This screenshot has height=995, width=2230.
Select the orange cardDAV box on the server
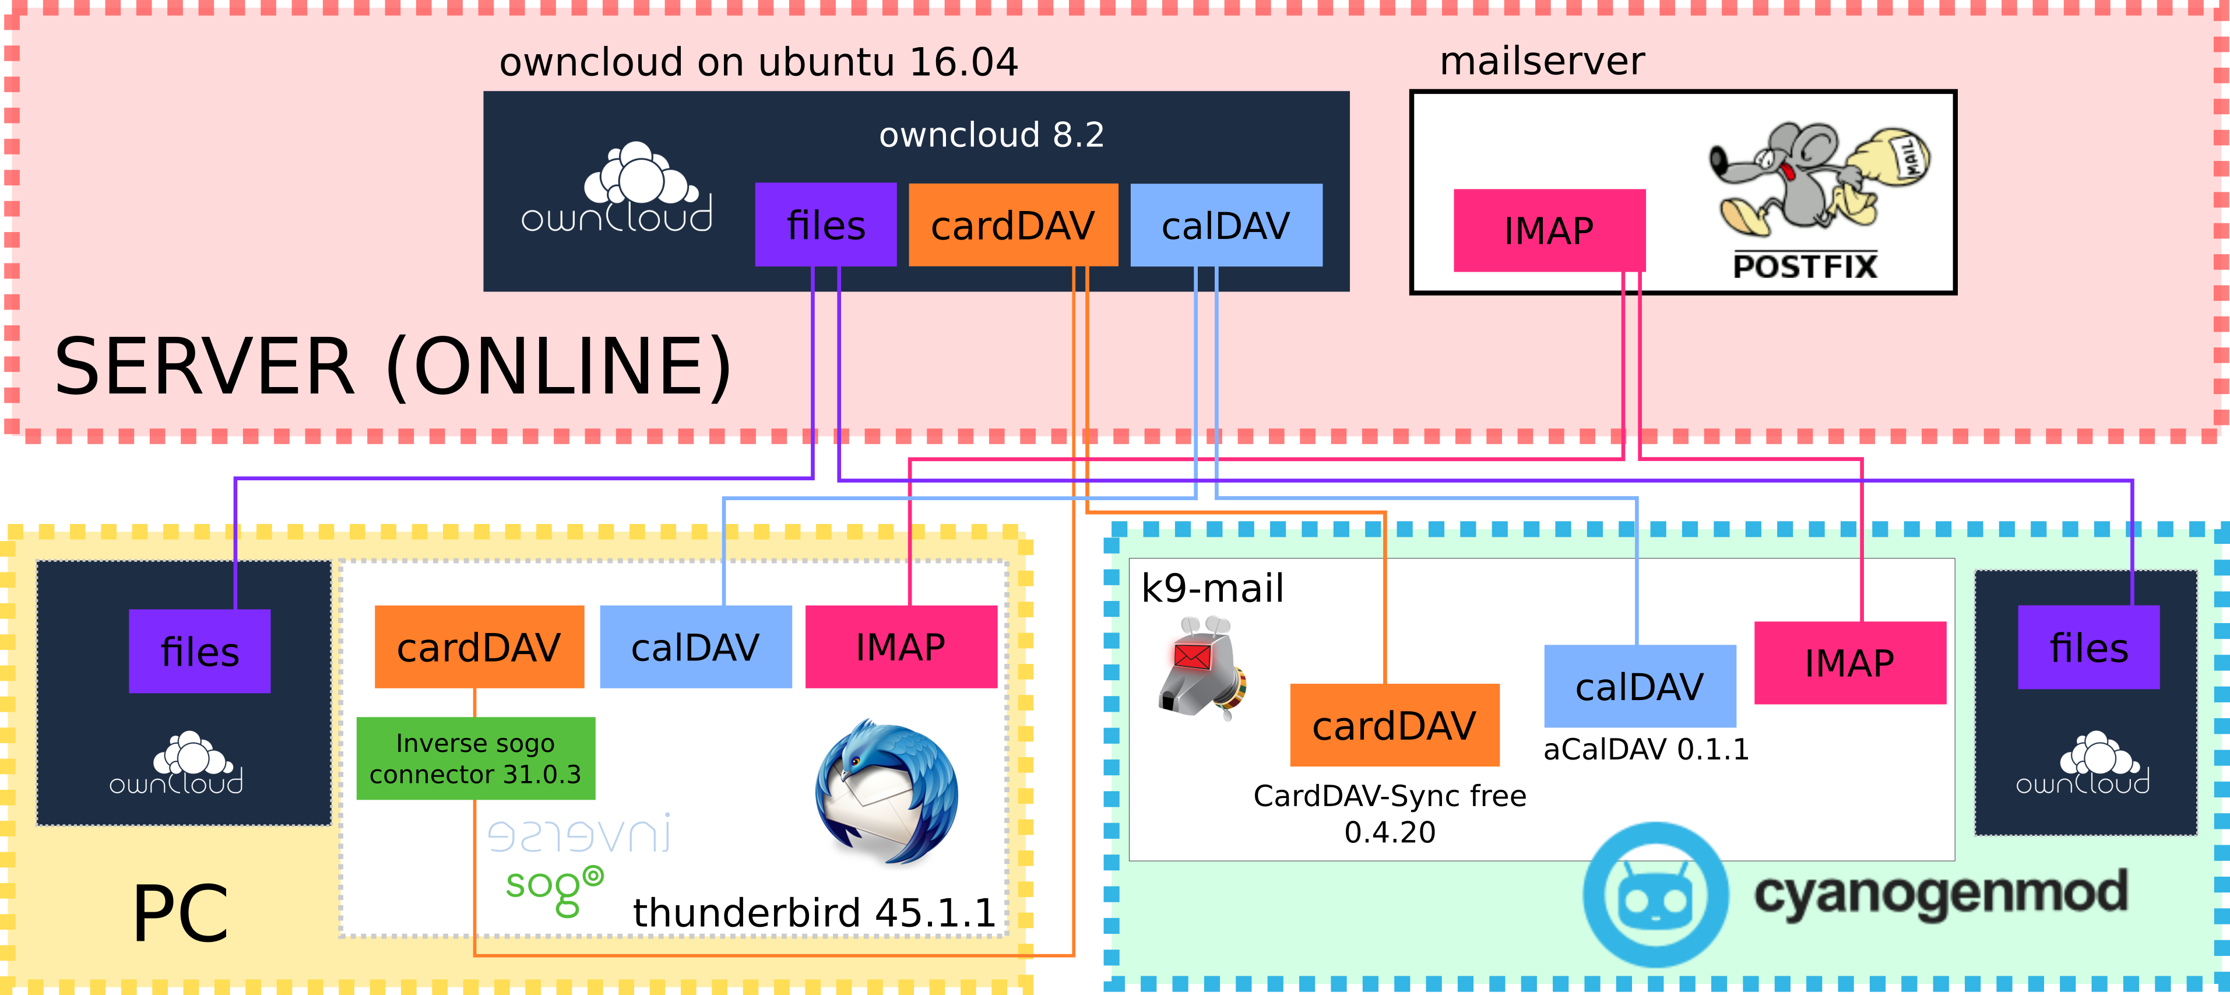(x=1013, y=225)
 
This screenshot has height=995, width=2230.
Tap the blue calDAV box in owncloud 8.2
(x=1226, y=225)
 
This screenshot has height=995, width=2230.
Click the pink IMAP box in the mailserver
(x=1549, y=230)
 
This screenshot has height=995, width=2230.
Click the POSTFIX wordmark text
(x=1805, y=266)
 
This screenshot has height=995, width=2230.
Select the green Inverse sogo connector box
(x=475, y=758)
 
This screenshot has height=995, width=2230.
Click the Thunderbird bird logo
(x=887, y=792)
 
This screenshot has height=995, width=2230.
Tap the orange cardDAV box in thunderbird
(x=479, y=647)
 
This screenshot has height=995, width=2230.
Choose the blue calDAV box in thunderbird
(x=695, y=647)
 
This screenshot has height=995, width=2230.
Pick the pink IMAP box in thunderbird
(x=901, y=647)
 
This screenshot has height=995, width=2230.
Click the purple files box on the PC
(x=199, y=651)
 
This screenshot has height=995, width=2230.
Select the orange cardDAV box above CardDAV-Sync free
(x=1394, y=725)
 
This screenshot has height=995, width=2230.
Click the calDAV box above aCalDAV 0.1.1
(x=1640, y=686)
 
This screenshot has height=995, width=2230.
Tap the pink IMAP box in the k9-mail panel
(x=1849, y=663)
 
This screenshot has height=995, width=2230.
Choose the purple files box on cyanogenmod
(x=2088, y=647)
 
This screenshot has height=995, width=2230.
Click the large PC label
(x=180, y=913)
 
